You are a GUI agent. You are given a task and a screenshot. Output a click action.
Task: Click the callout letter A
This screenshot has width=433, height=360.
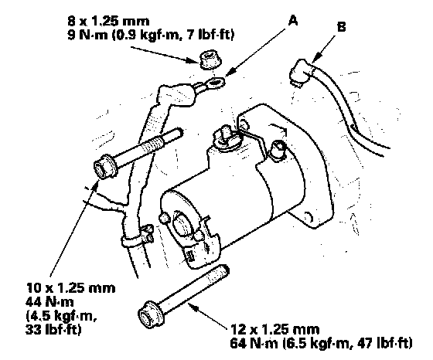[293, 20]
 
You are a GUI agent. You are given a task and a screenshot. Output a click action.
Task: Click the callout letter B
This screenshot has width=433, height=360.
[341, 27]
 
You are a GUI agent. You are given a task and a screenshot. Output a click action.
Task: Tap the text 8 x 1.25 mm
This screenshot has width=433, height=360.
[108, 21]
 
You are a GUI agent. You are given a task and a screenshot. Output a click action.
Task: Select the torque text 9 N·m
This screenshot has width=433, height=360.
[87, 36]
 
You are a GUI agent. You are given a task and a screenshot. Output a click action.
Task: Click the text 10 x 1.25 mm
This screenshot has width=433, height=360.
[71, 288]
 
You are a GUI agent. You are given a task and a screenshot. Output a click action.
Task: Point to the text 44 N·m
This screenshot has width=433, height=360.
[49, 302]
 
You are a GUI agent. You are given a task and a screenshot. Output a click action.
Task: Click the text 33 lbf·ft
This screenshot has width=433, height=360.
[53, 329]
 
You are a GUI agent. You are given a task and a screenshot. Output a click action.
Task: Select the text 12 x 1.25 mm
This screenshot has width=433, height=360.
[274, 329]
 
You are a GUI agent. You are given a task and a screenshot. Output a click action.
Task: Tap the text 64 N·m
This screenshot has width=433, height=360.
[254, 343]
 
